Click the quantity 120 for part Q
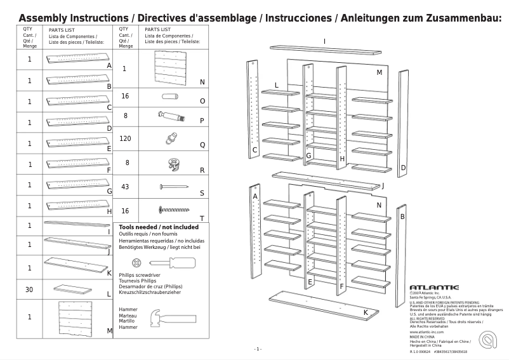(125, 138)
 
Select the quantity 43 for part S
(125, 187)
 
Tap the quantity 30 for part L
(29, 290)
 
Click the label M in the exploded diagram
(379, 72)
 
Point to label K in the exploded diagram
(366, 312)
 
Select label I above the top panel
(324, 41)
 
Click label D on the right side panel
(403, 168)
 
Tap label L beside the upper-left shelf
(277, 84)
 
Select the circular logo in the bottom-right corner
(488, 340)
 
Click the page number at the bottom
(258, 349)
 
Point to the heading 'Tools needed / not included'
(158, 227)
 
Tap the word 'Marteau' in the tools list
(128, 316)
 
